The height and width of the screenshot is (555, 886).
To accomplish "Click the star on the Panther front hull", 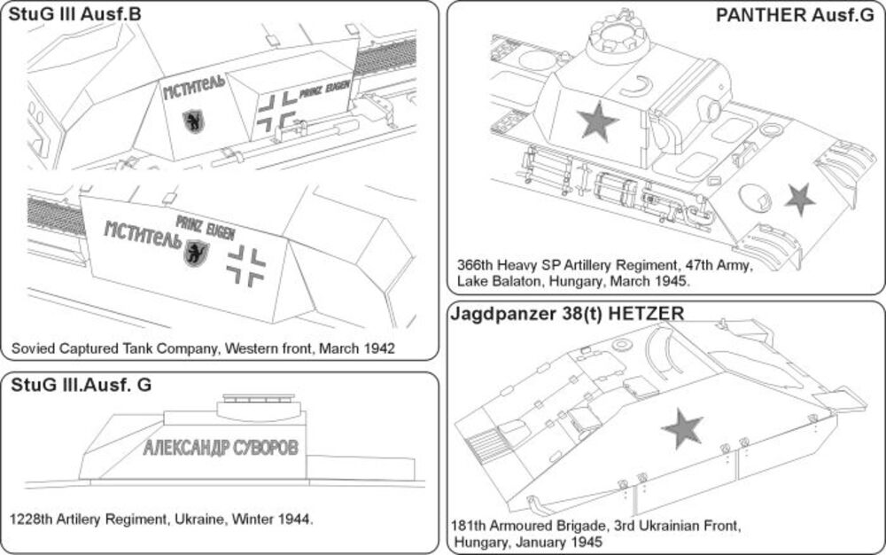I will (800, 199).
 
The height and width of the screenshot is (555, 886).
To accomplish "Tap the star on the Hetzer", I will (683, 428).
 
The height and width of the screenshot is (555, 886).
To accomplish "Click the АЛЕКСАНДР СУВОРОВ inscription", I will (227, 445).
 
